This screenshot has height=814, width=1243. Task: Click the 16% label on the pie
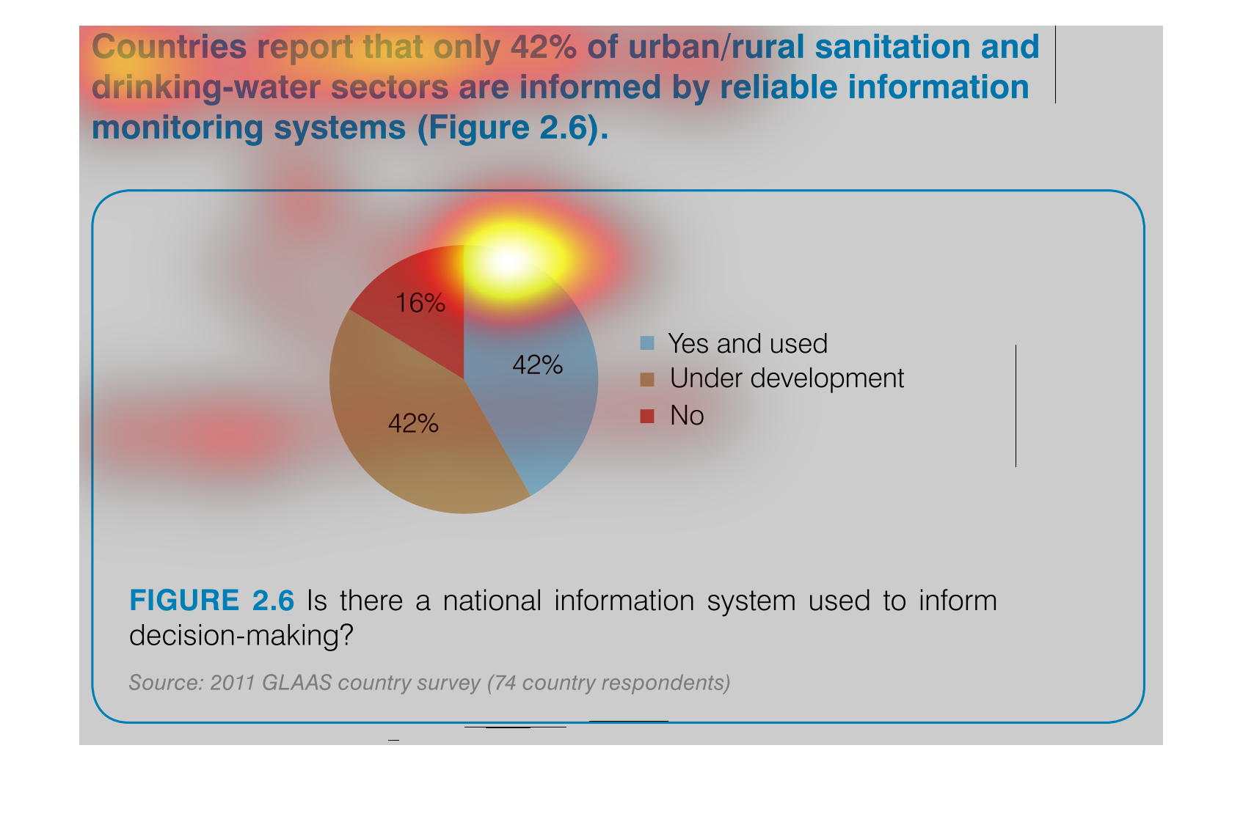[x=420, y=303]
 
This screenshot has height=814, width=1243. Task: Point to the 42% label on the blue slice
[x=537, y=365]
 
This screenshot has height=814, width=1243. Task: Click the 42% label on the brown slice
[x=413, y=424]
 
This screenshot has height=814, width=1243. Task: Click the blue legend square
[x=647, y=342]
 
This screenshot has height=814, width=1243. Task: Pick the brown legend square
[x=647, y=379]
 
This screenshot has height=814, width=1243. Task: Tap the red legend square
[x=647, y=416]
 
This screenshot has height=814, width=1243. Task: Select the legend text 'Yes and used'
[x=748, y=343]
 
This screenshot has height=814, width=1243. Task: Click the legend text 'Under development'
[x=787, y=378]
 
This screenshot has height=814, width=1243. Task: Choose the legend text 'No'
[x=687, y=415]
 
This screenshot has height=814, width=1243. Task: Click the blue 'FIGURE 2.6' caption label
[x=211, y=600]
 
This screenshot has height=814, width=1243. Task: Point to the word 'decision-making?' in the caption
[x=241, y=636]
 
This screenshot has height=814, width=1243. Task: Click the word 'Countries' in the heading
[x=169, y=47]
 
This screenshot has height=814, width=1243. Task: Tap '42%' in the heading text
[x=544, y=47]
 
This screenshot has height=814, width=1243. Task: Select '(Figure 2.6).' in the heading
[x=514, y=128]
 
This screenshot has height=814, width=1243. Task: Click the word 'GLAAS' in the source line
[x=296, y=683]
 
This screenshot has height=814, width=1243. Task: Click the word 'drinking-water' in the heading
[x=206, y=87]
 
